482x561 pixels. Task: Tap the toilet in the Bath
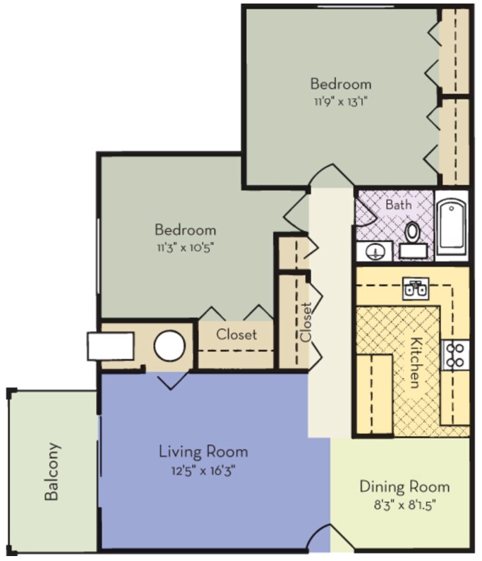413,239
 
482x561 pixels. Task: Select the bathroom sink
375,251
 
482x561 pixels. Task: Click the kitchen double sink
416,288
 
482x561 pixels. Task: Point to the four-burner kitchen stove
454,355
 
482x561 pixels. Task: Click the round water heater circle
169,346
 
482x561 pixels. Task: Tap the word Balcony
52,471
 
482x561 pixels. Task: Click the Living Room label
203,451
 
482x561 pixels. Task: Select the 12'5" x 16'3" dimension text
203,470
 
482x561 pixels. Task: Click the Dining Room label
404,487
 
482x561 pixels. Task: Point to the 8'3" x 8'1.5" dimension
404,505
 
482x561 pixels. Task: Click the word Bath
398,205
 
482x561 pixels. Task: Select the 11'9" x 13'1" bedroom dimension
341,102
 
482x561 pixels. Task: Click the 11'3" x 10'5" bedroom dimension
186,247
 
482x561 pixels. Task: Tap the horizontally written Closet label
236,334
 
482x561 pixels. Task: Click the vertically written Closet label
306,322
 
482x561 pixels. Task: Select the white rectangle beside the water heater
110,346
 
